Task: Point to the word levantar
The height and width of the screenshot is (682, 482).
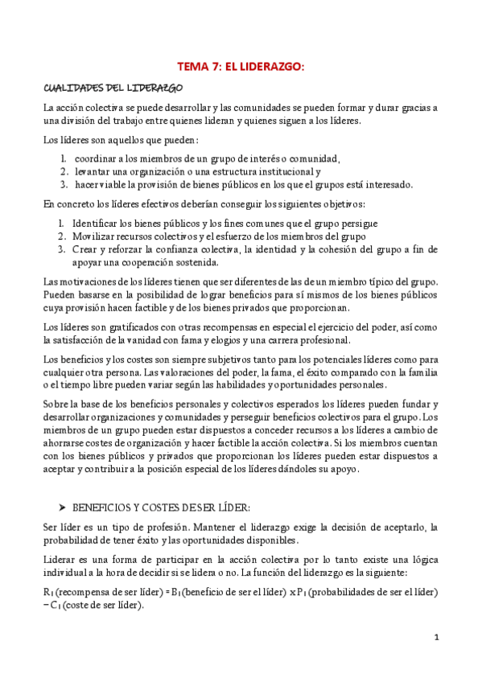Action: click(97, 171)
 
